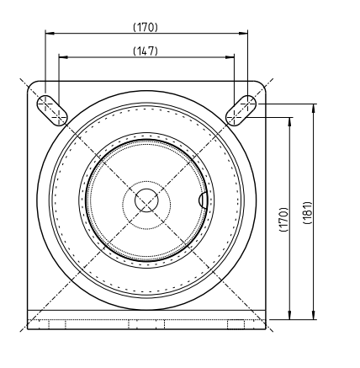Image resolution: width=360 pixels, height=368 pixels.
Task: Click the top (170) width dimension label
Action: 146,26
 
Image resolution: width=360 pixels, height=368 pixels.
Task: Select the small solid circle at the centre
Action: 146,200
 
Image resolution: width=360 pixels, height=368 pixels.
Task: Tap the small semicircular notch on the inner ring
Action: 204,200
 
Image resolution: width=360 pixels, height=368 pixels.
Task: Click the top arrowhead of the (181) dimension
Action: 314,108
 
